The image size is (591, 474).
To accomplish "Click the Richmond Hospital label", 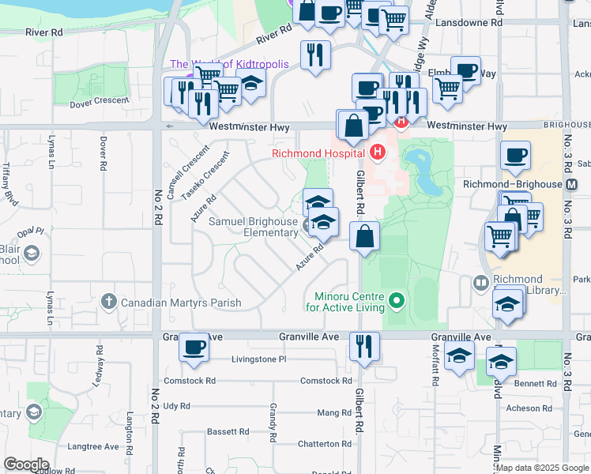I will click(x=318, y=153).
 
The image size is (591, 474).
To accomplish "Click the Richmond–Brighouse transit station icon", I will click(x=573, y=184).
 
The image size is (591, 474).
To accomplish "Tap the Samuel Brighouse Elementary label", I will click(x=253, y=227).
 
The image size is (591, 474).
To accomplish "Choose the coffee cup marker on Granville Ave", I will click(x=194, y=347).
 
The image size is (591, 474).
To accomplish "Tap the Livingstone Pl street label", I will click(x=258, y=359).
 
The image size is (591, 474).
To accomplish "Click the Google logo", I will click(x=26, y=465).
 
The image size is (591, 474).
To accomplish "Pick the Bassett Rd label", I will click(x=228, y=432).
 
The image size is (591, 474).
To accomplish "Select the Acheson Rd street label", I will click(x=529, y=408).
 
